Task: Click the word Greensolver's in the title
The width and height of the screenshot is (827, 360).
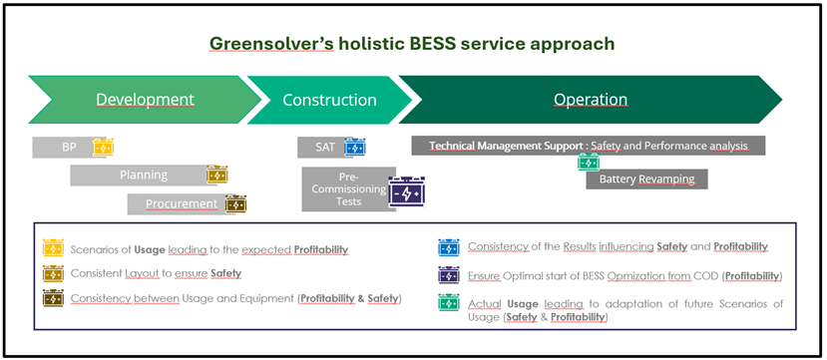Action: (x=272, y=43)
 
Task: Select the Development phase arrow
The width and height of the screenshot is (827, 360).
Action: (x=145, y=100)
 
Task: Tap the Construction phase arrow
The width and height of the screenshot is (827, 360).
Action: (x=329, y=100)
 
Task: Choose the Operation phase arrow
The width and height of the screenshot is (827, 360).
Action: (x=591, y=100)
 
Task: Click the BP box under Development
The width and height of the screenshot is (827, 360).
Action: (x=69, y=148)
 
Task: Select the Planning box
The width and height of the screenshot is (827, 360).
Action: (x=144, y=175)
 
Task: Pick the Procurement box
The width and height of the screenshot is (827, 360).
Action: (x=182, y=204)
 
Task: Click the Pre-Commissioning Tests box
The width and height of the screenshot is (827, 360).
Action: (x=348, y=189)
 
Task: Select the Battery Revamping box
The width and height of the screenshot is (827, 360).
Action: (x=646, y=180)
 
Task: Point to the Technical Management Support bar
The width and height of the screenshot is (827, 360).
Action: (x=588, y=146)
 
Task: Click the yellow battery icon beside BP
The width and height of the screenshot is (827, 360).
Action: (x=103, y=147)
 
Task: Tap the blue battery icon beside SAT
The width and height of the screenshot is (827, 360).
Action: (x=355, y=147)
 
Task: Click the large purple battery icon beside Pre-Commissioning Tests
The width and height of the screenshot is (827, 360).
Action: (x=407, y=191)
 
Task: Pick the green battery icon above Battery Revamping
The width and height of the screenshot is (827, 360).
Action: (x=589, y=163)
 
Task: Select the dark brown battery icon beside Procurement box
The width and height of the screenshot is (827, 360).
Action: (x=235, y=204)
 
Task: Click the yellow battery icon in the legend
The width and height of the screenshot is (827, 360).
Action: (x=53, y=247)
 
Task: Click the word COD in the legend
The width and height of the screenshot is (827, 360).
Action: (x=710, y=275)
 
